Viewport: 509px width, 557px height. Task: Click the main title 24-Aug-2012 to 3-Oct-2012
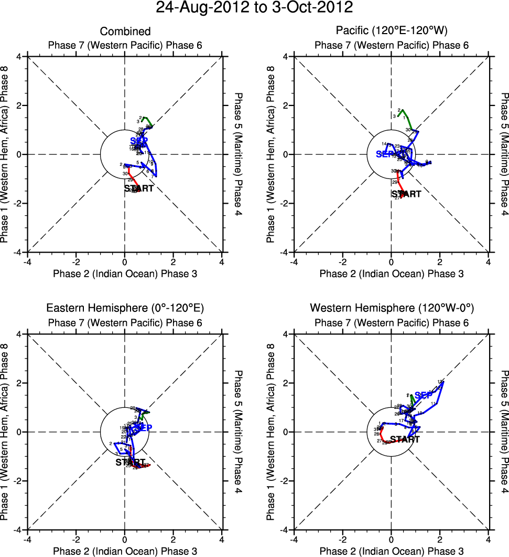pos(254,7)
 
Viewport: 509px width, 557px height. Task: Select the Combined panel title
pos(125,31)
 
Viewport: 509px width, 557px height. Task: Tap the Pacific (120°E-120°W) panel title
pos(391,31)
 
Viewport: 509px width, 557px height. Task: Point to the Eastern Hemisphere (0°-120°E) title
pos(125,308)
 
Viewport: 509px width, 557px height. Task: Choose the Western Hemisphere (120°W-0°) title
pos(391,308)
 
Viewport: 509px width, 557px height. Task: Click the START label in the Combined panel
pos(139,188)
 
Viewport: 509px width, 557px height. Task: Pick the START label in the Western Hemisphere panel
pos(405,439)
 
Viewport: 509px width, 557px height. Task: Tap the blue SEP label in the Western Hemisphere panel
pos(424,395)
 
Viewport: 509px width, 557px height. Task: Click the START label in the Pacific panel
pos(406,194)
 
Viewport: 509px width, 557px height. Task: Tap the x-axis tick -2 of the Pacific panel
pos(342,261)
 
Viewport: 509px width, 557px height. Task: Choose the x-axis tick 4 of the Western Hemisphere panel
pos(488,539)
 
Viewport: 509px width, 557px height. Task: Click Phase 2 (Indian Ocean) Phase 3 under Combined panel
pos(125,274)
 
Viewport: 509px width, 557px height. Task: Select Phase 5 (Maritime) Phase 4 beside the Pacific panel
pos(504,154)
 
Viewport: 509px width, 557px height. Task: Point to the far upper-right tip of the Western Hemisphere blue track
pos(443,382)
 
